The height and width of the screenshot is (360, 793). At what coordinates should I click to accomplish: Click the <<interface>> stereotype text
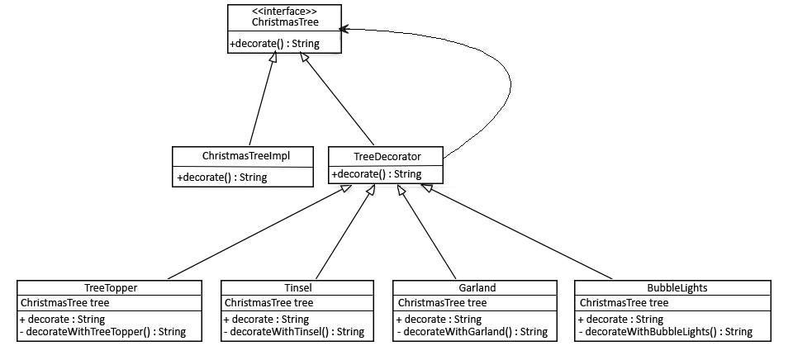point(285,11)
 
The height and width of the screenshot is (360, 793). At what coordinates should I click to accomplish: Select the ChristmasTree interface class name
point(285,22)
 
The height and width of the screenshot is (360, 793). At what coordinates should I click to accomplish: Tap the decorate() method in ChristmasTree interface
point(274,43)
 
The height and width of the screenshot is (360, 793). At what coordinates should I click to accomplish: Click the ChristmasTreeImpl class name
point(245,155)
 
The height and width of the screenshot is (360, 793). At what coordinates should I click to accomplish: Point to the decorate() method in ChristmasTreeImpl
point(221,177)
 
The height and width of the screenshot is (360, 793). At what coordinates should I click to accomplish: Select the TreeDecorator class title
point(386,156)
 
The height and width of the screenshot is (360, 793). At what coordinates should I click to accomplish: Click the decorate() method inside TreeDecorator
point(376,174)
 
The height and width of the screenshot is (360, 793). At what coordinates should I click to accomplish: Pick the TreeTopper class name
point(110,288)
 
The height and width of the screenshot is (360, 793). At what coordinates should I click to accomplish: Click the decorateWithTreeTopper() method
point(103,332)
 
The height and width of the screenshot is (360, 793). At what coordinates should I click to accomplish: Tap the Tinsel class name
point(297,288)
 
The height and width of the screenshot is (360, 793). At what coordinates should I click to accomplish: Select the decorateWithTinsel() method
point(294,332)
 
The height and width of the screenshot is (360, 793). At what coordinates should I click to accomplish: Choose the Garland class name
point(477,288)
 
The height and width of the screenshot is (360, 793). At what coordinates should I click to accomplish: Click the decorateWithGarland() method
point(472,332)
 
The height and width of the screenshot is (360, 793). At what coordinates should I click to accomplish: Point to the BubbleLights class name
point(673,288)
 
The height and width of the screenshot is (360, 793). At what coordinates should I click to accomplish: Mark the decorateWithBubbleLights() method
point(666,332)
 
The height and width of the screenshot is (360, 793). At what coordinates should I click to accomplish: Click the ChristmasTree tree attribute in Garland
point(442,303)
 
